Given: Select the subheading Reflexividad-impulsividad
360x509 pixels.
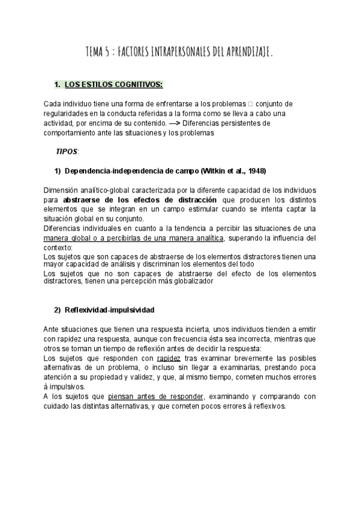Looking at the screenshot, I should (109, 310).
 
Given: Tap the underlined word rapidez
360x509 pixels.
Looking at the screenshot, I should (169, 358).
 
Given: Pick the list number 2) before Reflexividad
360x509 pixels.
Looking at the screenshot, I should (58, 310).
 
